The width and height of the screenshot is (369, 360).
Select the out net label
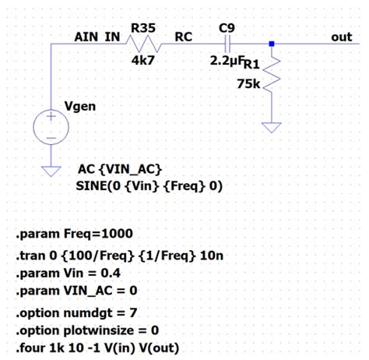[x=342, y=37]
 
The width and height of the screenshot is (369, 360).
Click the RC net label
[x=184, y=37]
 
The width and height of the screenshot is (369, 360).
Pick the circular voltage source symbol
[x=51, y=128]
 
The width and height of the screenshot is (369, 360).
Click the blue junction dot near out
[x=272, y=44]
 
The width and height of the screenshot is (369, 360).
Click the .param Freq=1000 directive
[x=74, y=234]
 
